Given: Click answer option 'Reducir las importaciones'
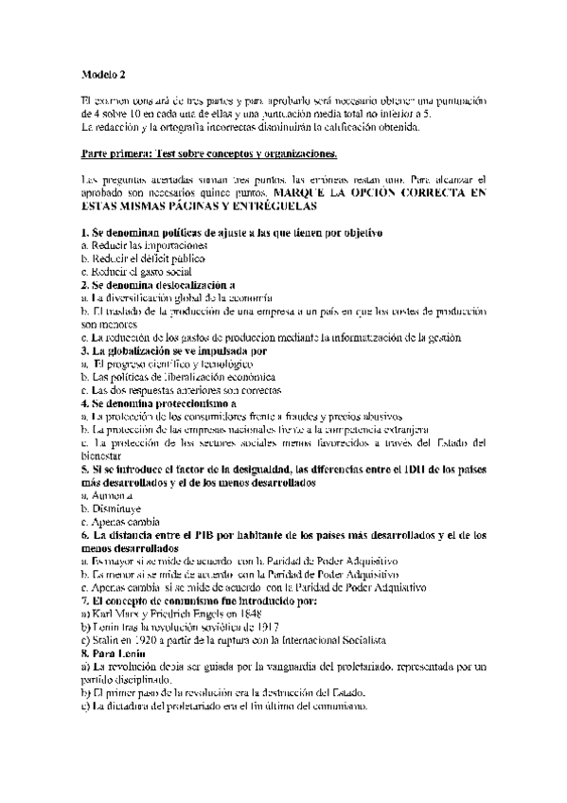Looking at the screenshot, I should click(131, 245).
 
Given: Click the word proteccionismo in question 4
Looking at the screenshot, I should click(185, 403).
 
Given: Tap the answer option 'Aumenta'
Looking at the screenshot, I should click(109, 495).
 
